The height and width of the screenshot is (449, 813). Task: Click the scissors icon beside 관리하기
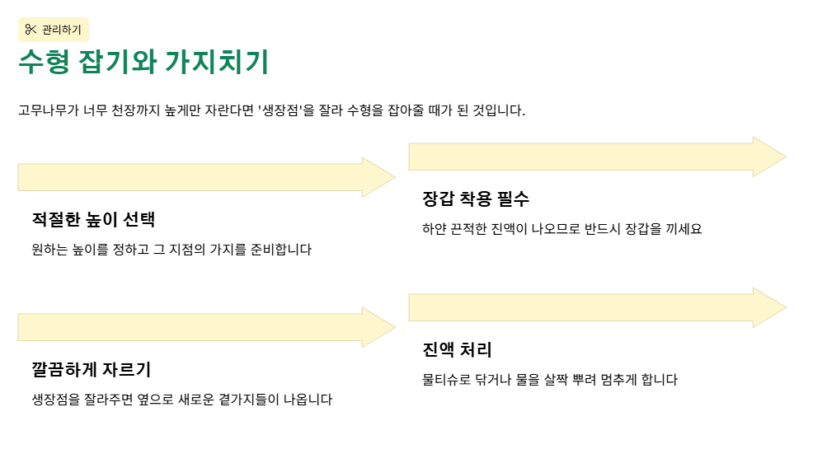[x=31, y=30]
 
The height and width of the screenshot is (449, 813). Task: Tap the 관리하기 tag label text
[x=62, y=30]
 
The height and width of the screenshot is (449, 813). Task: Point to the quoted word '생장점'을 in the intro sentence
[x=286, y=110]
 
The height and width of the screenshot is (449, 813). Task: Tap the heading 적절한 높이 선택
[x=93, y=220]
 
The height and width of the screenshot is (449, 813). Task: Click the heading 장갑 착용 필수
[x=476, y=199]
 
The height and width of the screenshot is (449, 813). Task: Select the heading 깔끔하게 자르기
[x=91, y=370]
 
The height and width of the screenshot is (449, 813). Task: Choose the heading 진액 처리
[x=457, y=349]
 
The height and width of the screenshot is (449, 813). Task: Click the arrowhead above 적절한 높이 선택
[x=379, y=177]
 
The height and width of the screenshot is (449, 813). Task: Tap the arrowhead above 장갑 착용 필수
[x=769, y=157]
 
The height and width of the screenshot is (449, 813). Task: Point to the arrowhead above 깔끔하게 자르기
[x=379, y=327]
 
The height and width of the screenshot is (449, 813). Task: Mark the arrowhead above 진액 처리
[x=769, y=306]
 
